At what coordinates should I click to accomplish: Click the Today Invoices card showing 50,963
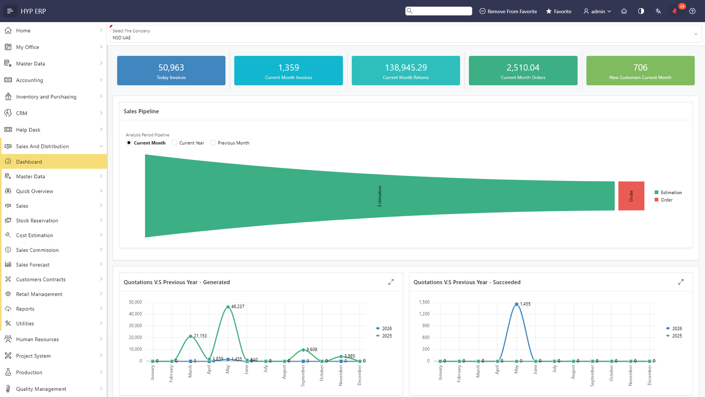pyautogui.click(x=171, y=71)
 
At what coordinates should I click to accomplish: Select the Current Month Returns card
pyautogui.click(x=406, y=71)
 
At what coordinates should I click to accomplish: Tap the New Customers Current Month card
pyautogui.click(x=640, y=71)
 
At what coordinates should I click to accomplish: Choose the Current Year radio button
pyautogui.click(x=174, y=143)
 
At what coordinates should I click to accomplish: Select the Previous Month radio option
pyautogui.click(x=213, y=143)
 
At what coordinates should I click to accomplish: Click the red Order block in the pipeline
pyautogui.click(x=631, y=196)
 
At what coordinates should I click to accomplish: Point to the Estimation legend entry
pyautogui.click(x=668, y=192)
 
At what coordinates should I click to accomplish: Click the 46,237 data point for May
pyautogui.click(x=228, y=307)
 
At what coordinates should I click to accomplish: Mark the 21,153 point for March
pyautogui.click(x=190, y=337)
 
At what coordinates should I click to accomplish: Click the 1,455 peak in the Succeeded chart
pyautogui.click(x=516, y=304)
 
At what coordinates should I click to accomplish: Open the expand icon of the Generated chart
pyautogui.click(x=391, y=282)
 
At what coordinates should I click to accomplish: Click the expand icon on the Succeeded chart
pyautogui.click(x=681, y=282)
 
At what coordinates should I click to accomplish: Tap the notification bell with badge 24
pyautogui.click(x=675, y=11)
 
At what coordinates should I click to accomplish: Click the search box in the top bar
pyautogui.click(x=438, y=11)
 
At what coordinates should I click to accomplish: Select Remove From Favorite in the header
pyautogui.click(x=508, y=11)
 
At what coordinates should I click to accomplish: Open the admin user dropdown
pyautogui.click(x=597, y=11)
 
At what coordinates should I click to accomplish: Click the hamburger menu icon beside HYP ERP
pyautogui.click(x=10, y=11)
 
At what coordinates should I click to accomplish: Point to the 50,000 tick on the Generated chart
pyautogui.click(x=135, y=302)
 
